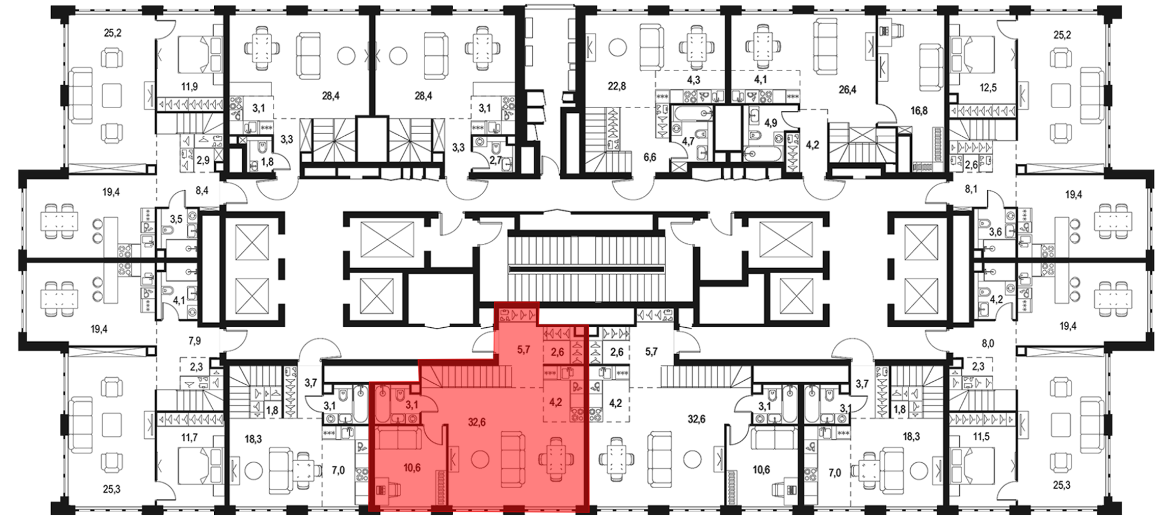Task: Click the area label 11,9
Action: (189, 87)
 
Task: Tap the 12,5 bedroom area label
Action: (988, 88)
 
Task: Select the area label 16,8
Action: (918, 110)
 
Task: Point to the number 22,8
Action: (616, 86)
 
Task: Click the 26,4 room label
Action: (847, 90)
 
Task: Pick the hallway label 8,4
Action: (202, 190)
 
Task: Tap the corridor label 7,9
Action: (194, 340)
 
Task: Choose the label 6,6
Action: (649, 157)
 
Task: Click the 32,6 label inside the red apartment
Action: (476, 422)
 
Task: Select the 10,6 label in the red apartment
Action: (412, 468)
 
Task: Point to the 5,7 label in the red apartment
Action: (523, 350)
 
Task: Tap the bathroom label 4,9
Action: (770, 123)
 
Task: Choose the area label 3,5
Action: (176, 219)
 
